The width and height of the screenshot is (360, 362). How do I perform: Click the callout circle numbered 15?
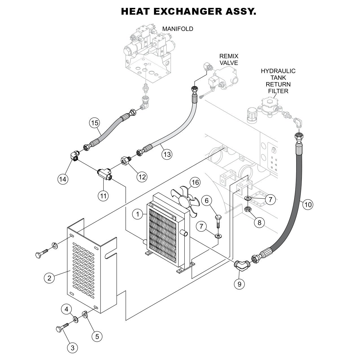(x=95, y=123)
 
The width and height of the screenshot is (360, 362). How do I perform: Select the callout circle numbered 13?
(x=167, y=154)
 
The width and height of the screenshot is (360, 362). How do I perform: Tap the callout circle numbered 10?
(x=308, y=204)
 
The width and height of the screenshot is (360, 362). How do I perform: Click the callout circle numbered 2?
(x=49, y=278)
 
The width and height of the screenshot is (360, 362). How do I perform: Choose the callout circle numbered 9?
(x=239, y=284)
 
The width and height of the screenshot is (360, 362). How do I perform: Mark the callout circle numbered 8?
(x=259, y=222)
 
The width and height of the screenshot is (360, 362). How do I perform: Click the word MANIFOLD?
(x=178, y=29)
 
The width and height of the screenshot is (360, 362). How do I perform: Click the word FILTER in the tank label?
(x=278, y=91)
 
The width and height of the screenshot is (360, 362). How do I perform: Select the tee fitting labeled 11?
(x=104, y=174)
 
